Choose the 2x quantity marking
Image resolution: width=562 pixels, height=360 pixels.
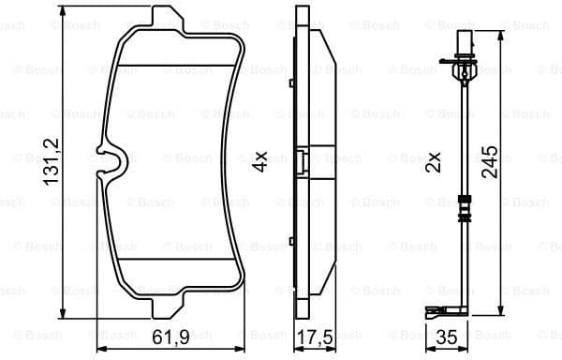(433, 161)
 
